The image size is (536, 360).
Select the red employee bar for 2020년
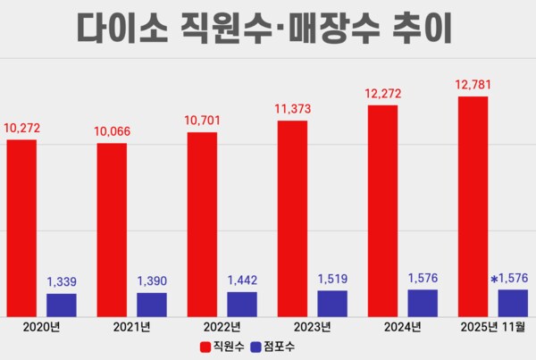pyautogui.click(x=21, y=228)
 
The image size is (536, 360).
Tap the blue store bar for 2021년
pyautogui.click(x=152, y=304)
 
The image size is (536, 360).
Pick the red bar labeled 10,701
pyautogui.click(x=202, y=224)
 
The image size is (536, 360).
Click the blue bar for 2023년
pyautogui.click(x=333, y=303)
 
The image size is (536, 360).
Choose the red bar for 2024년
pyautogui.click(x=382, y=210)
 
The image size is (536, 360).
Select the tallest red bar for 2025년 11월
pyautogui.click(x=473, y=205)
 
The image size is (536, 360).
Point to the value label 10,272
pyautogui.click(x=21, y=129)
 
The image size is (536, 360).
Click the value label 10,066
pyautogui.click(x=112, y=131)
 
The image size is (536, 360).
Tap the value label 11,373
pyautogui.click(x=292, y=109)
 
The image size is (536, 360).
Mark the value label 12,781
pyautogui.click(x=473, y=85)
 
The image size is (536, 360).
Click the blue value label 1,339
pyautogui.click(x=62, y=282)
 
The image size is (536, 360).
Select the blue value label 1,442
pyautogui.click(x=242, y=280)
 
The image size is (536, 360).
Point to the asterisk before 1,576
pyautogui.click(x=493, y=280)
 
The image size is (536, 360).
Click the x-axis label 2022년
pyautogui.click(x=222, y=327)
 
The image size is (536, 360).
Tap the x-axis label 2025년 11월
pyautogui.click(x=491, y=327)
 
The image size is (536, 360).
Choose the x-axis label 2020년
pyautogui.click(x=41, y=327)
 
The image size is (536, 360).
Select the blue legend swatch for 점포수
pyautogui.click(x=257, y=347)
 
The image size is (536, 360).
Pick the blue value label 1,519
pyautogui.click(x=333, y=280)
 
